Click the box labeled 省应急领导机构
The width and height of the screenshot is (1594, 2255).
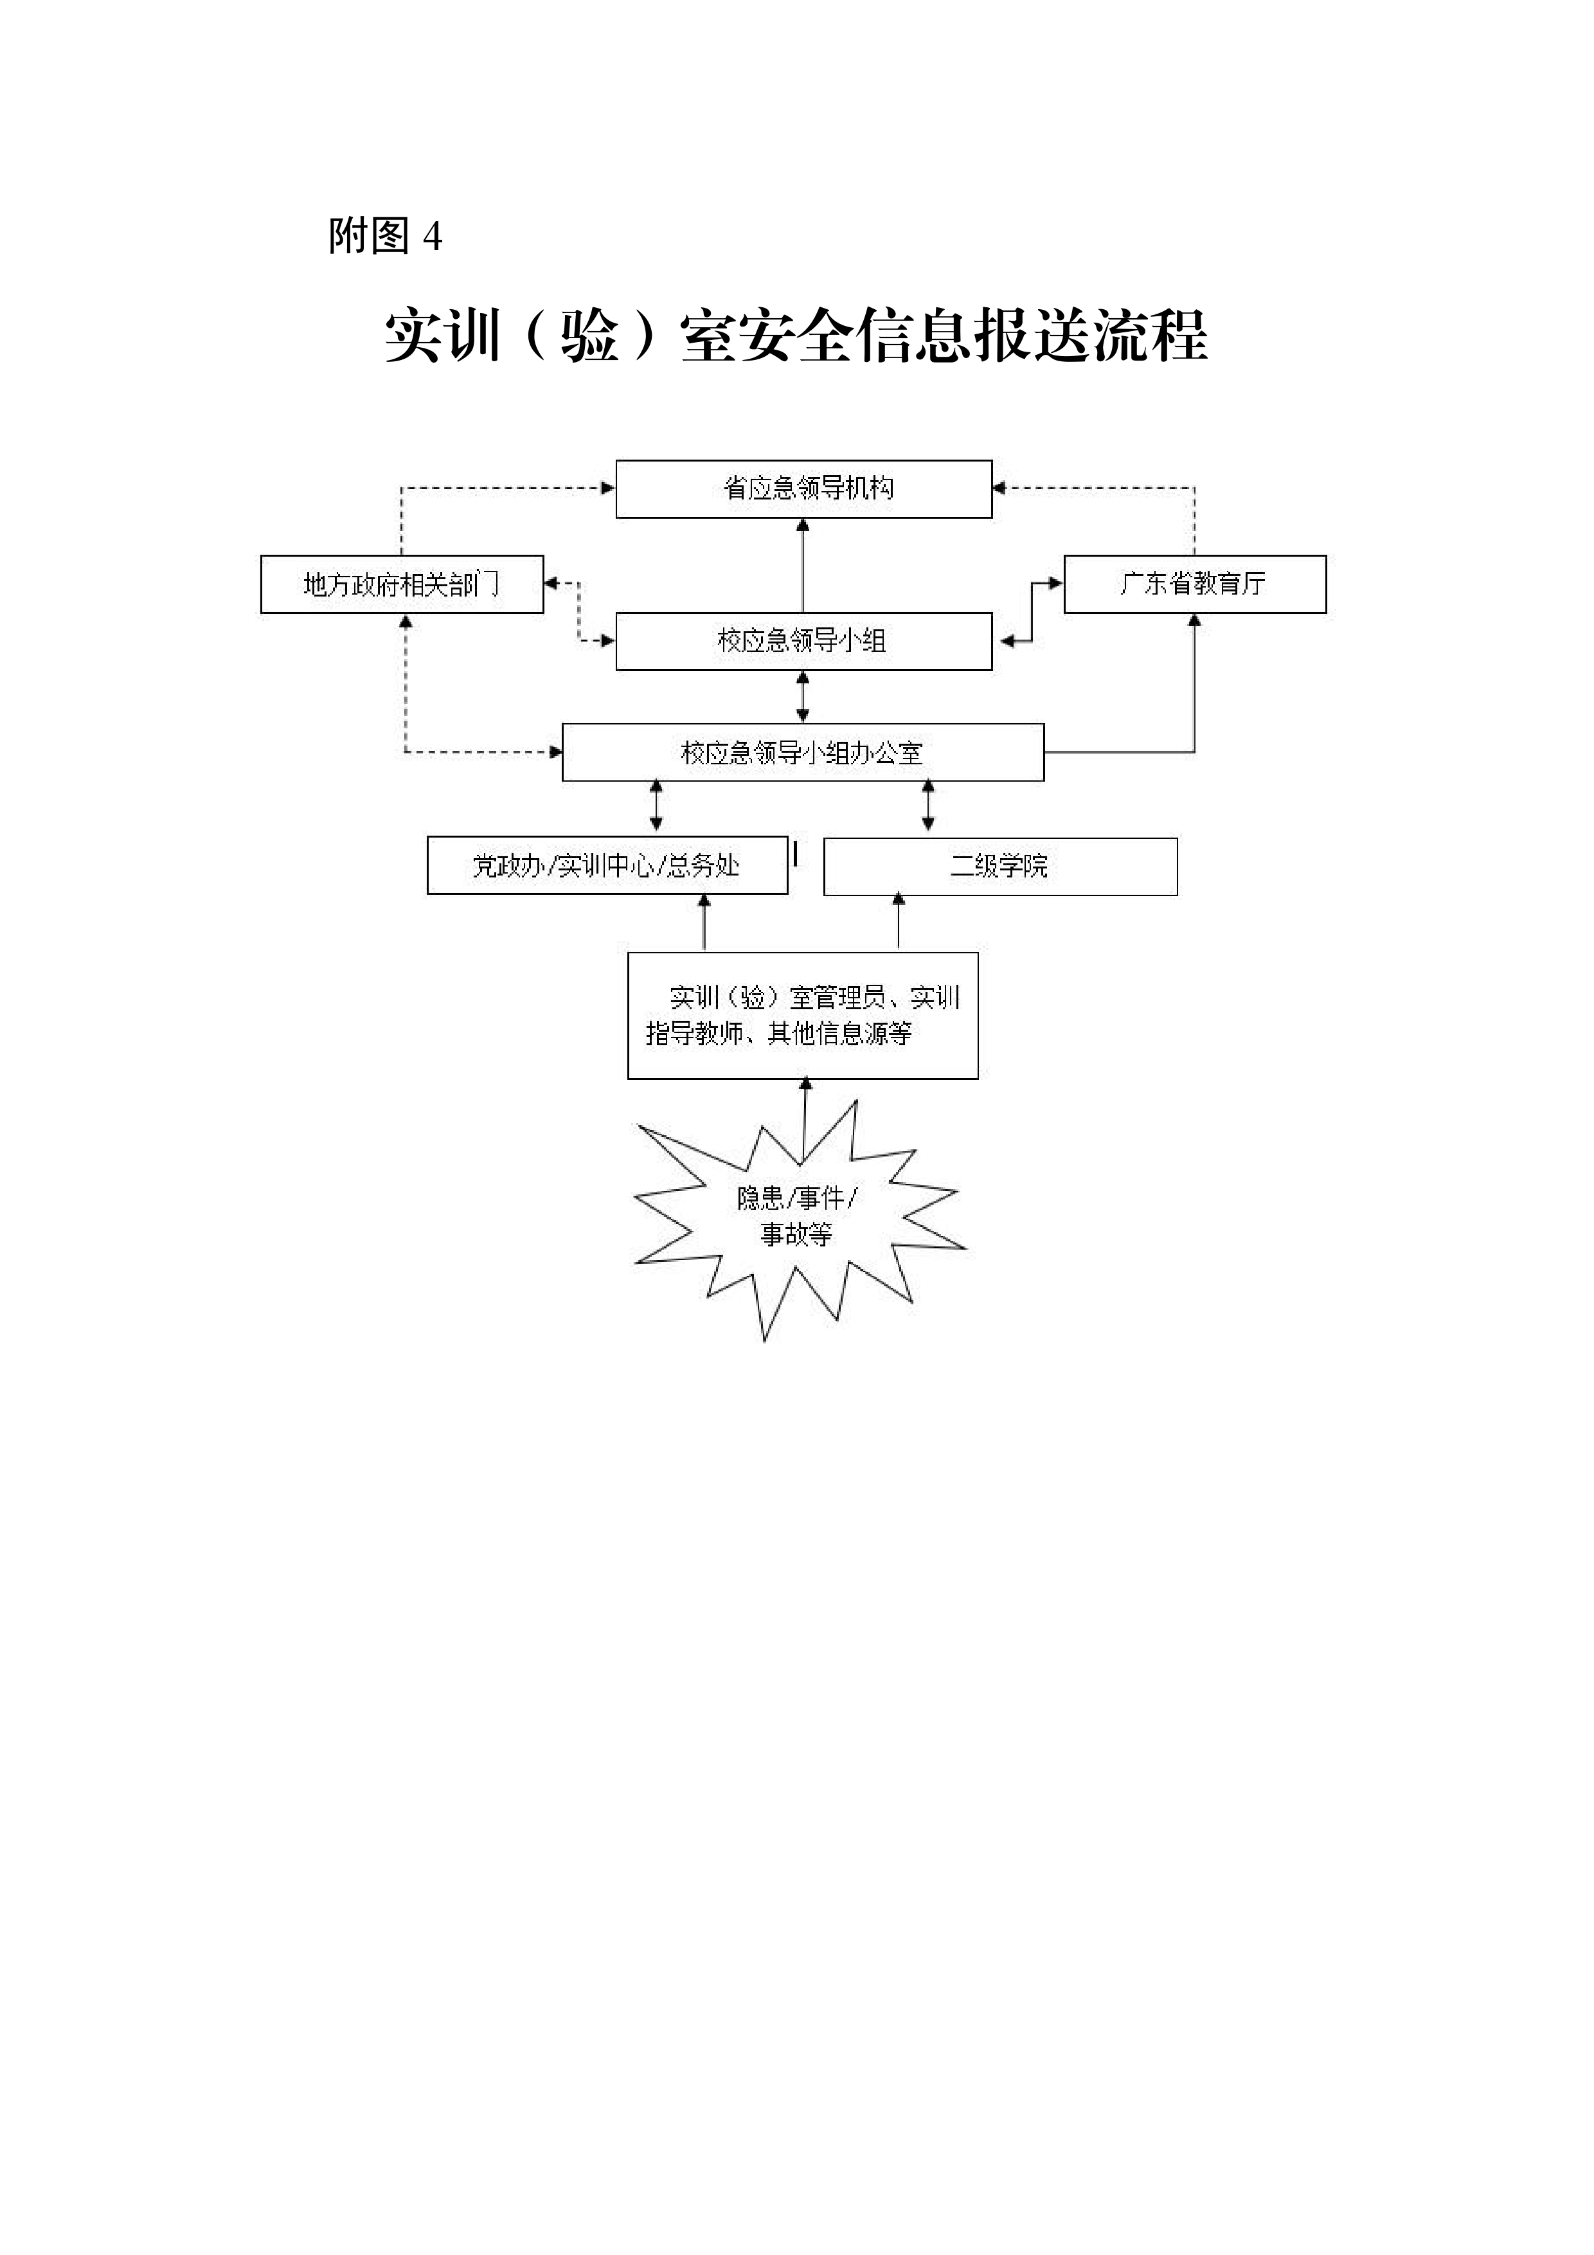coord(803,488)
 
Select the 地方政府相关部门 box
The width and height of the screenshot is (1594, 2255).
coord(402,584)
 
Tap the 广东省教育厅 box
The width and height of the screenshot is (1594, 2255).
coord(1195,584)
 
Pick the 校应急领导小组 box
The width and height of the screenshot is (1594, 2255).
coord(803,642)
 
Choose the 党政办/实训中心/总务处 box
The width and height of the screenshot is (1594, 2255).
coord(607,865)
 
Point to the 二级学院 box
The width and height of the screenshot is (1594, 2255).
coord(1000,867)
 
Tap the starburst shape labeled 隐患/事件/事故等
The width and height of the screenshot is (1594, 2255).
coord(800,1218)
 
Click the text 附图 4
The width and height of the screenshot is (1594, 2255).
coord(385,236)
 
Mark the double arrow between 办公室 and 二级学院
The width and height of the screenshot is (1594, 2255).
coord(928,805)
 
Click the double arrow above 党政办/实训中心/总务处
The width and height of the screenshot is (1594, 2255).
coord(656,805)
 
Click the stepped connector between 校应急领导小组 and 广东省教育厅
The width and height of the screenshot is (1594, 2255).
coord(1031,612)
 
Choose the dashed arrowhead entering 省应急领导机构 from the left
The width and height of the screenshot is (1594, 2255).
coord(608,488)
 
